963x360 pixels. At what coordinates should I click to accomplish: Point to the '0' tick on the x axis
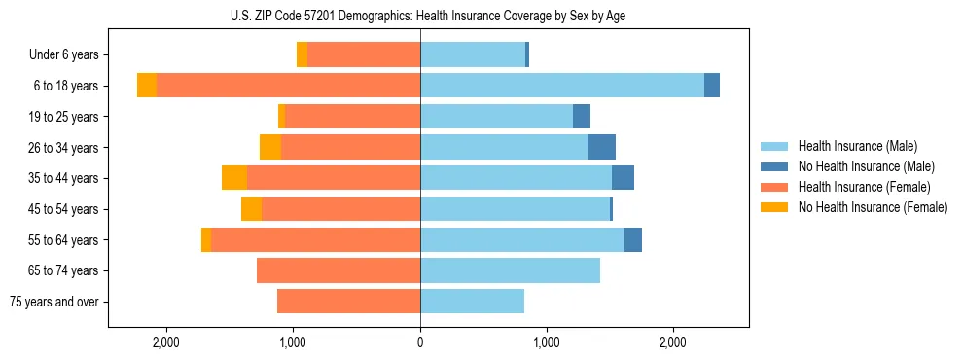click(420, 342)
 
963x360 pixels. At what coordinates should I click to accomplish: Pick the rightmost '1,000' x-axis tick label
click(547, 342)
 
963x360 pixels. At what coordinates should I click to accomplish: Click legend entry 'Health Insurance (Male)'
click(857, 146)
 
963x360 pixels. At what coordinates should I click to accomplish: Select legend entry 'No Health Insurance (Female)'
click(873, 207)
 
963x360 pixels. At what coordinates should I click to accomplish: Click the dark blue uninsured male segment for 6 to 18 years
click(712, 86)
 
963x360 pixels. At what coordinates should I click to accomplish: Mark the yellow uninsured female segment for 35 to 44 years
click(234, 178)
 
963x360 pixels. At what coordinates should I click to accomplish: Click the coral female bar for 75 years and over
click(348, 302)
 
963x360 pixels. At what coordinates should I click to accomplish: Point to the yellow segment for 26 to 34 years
click(270, 147)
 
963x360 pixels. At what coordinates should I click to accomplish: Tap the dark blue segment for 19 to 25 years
click(582, 117)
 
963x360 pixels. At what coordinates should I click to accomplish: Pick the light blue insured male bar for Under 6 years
click(473, 55)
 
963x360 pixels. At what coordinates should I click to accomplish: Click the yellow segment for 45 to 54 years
click(251, 209)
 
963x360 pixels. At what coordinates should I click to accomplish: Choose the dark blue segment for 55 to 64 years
click(632, 240)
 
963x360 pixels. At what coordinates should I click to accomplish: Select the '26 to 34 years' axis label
click(64, 148)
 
